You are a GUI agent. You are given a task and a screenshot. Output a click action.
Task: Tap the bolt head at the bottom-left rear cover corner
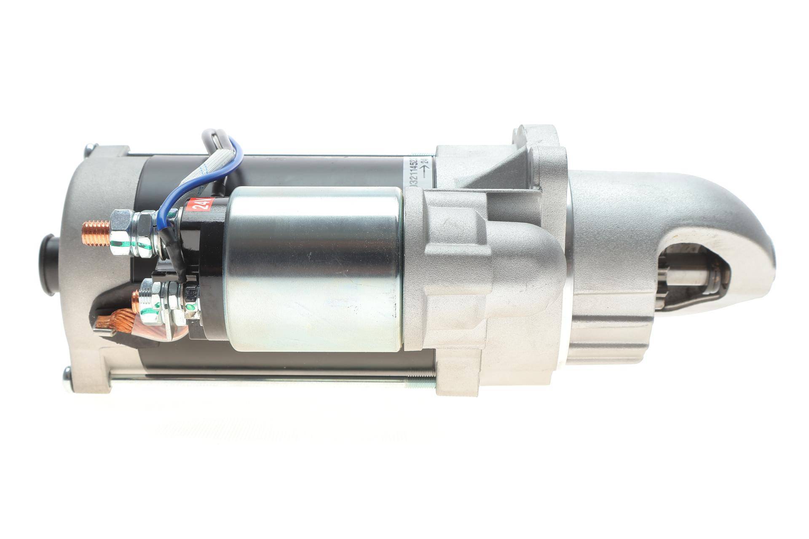click(67, 373)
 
